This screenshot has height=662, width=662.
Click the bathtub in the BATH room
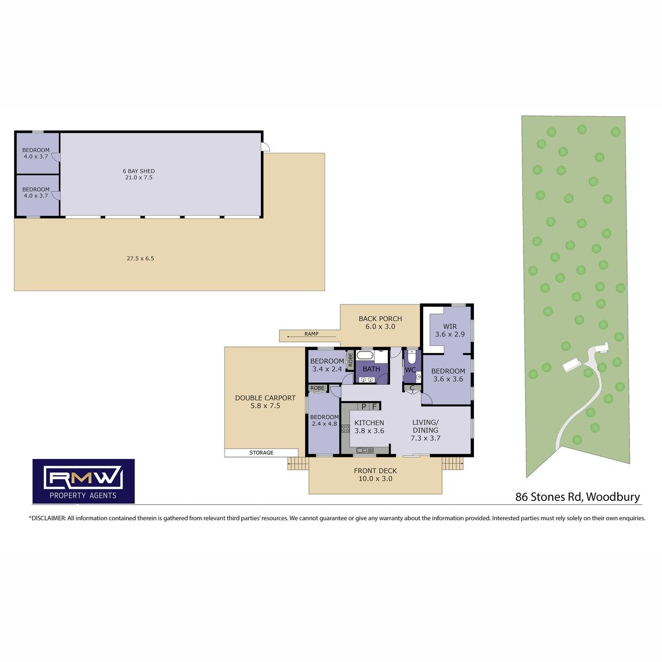[365, 355]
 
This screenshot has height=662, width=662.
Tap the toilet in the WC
[411, 357]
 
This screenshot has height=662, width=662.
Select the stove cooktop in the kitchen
[345, 429]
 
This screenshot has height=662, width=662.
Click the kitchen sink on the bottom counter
[365, 450]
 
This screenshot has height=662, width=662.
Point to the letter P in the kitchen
[364, 407]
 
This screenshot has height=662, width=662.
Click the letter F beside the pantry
[375, 407]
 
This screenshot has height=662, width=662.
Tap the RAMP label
[311, 334]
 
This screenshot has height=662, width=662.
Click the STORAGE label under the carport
[261, 452]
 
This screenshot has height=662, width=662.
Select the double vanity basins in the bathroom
[367, 379]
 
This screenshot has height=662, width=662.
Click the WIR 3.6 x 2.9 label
[450, 330]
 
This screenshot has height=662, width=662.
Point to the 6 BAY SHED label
[139, 170]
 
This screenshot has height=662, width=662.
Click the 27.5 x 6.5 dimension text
[140, 258]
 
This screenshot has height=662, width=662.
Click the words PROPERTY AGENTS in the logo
[83, 495]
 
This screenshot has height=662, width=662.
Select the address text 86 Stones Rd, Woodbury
[578, 497]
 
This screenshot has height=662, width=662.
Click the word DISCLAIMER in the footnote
[48, 518]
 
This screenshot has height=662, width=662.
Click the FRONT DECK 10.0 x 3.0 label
[375, 474]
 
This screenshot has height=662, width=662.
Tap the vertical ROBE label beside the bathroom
[350, 359]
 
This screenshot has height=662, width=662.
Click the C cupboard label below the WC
[412, 388]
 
